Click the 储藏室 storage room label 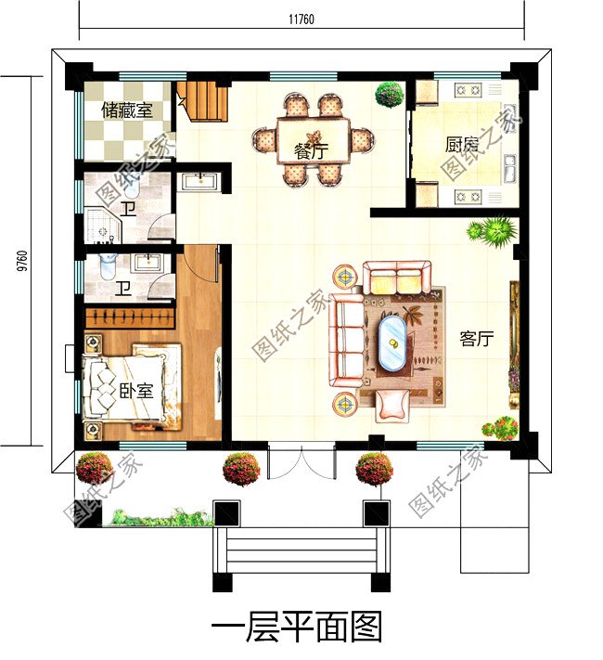point(127,110)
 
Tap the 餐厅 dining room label point(311,151)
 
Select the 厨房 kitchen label point(462,145)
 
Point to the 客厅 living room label point(476,338)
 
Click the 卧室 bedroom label point(136,391)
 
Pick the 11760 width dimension point(301,19)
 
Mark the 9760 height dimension point(22,261)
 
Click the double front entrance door point(301,461)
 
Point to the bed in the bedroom point(132,387)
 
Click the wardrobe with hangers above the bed point(130,317)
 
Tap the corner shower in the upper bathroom point(103,225)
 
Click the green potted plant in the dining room point(390,95)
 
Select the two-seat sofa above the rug point(396,278)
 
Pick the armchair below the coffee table point(391,405)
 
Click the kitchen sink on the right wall point(510,167)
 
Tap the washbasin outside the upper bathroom point(199,181)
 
